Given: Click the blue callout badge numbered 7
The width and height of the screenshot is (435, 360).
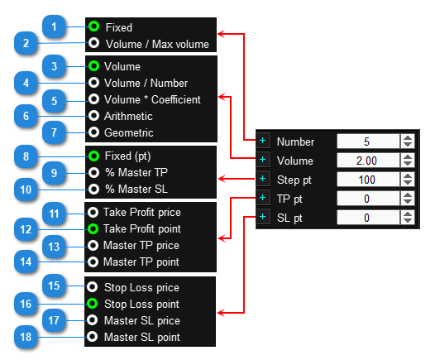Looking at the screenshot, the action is [54, 132].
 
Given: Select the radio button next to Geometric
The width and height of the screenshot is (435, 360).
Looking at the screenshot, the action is [93, 132].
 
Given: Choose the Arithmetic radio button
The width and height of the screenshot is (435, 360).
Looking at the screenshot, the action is [93, 116].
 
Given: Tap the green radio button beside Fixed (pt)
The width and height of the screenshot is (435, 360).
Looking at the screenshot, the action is [93, 156].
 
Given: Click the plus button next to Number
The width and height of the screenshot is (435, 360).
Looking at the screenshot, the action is [262, 141].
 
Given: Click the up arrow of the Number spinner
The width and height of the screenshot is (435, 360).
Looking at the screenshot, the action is [408, 138].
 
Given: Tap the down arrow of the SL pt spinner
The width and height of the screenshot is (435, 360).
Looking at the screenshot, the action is [408, 221].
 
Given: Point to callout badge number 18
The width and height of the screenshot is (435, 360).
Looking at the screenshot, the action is [26, 337].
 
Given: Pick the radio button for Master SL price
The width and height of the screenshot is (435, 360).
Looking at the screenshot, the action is [92, 320].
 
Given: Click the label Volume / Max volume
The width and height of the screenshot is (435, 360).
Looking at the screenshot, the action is [158, 44].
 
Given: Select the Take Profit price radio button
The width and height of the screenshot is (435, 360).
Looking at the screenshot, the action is [93, 213].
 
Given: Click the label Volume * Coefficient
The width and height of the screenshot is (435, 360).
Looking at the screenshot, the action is [152, 99].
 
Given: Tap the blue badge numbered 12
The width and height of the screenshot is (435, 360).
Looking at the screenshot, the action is [26, 229].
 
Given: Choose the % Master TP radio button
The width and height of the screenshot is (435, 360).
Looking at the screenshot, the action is [93, 173].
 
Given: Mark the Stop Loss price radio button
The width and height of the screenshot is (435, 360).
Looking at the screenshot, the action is [92, 287].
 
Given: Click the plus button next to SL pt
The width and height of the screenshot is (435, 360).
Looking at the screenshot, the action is [262, 217].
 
